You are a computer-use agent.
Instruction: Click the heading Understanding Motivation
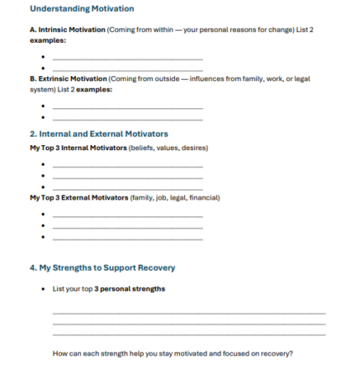(x=81, y=9)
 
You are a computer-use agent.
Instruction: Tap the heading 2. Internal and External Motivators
(x=99, y=133)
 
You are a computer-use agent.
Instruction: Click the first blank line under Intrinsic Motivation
(x=127, y=59)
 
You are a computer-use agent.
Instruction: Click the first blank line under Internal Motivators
(x=127, y=166)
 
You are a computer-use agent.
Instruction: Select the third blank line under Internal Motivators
(x=127, y=188)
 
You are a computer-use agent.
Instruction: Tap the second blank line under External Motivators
(x=127, y=226)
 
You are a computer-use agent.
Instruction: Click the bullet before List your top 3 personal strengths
(x=43, y=289)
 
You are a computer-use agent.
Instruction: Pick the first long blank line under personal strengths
(x=188, y=313)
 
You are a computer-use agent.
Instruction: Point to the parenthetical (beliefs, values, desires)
(x=167, y=148)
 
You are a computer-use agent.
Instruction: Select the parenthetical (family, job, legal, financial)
(x=174, y=198)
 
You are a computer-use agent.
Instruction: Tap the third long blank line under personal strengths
(x=188, y=334)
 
